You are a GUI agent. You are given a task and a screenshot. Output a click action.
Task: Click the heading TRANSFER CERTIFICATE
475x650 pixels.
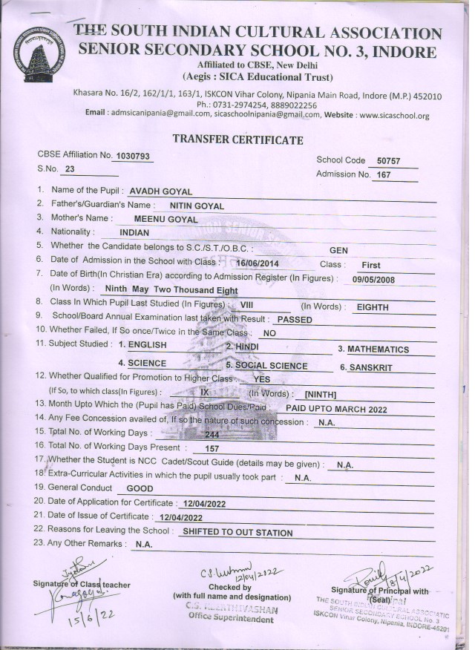point(237,139)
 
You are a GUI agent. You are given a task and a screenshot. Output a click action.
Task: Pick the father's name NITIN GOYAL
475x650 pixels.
point(197,206)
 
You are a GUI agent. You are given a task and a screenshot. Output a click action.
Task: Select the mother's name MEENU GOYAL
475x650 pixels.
point(166,220)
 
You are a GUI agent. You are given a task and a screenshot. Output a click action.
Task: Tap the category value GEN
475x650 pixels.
point(338,251)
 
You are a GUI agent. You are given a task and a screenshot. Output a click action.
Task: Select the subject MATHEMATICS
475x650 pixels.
point(378,349)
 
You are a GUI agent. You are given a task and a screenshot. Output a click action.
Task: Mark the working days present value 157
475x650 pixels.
point(212,448)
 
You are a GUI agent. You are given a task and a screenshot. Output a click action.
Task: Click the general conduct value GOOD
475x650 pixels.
point(140,489)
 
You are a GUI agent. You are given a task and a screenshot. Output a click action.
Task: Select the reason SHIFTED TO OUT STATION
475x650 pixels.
point(237,533)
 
